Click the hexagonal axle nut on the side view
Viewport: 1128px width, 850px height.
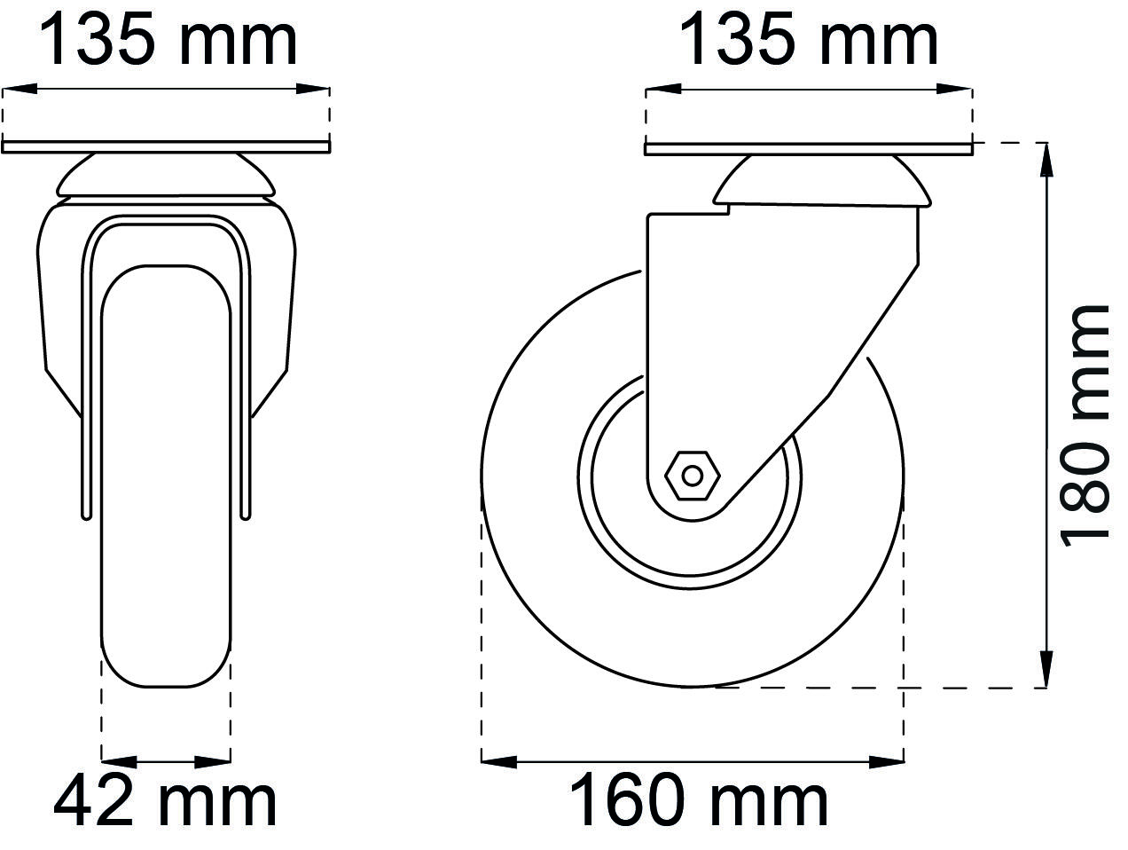tap(693, 476)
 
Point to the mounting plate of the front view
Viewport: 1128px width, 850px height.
tap(166, 147)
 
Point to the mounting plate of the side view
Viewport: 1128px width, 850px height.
tap(809, 149)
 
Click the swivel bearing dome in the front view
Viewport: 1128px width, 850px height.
tap(166, 175)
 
